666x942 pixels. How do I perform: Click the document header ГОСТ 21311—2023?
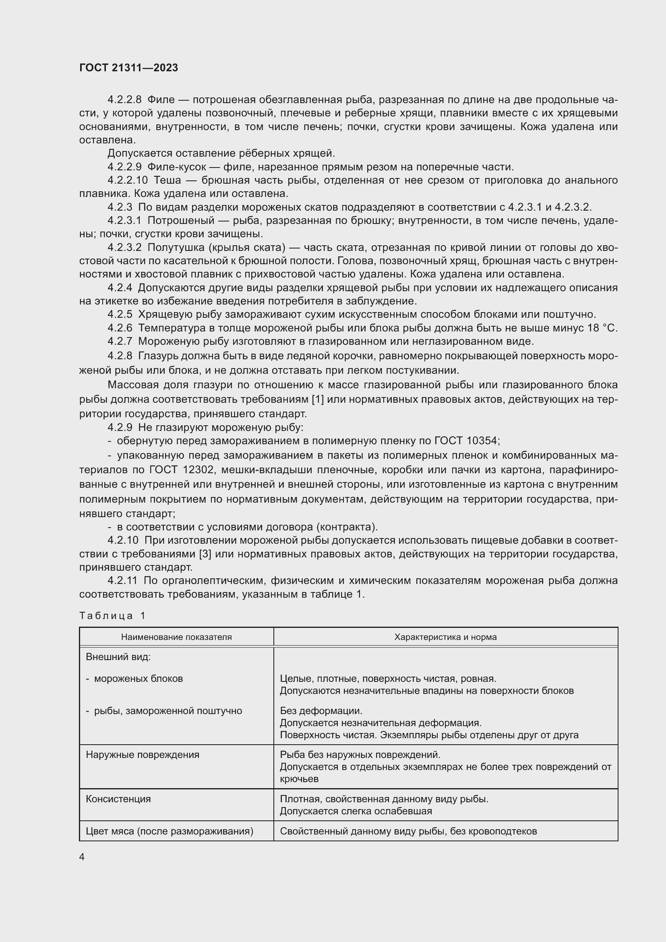point(128,68)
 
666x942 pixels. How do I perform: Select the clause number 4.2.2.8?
point(124,100)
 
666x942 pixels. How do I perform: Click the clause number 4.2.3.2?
point(124,247)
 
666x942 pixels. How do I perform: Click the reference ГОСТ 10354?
point(467,441)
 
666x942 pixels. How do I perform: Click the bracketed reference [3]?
point(205,554)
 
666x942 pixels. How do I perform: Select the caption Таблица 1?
point(112,615)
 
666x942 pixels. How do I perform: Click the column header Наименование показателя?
point(176,637)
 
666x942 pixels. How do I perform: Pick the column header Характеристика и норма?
point(445,637)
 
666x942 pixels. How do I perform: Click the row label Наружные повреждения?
point(142,754)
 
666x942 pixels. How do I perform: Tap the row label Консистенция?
point(118,799)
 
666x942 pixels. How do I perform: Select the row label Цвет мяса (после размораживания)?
point(170,831)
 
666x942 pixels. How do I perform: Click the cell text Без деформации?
point(321,710)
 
